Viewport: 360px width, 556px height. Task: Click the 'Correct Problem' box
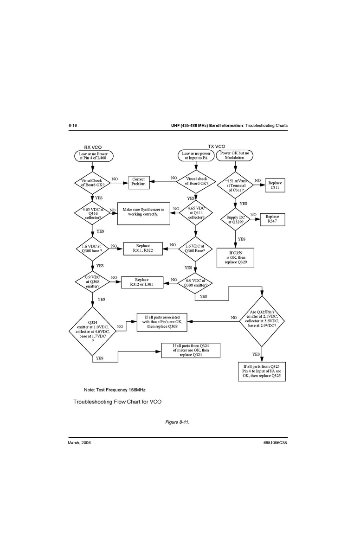(x=139, y=182)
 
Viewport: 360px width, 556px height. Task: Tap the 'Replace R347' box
(x=272, y=219)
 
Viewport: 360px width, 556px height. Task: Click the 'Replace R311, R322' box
(x=143, y=249)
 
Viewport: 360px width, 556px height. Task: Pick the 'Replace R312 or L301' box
(x=142, y=282)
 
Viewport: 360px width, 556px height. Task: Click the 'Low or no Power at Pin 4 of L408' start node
(x=93, y=155)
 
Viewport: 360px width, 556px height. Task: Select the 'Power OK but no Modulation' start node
(x=235, y=155)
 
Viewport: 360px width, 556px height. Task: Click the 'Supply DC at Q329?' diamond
(x=235, y=219)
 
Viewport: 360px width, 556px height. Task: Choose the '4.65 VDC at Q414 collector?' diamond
(x=196, y=212)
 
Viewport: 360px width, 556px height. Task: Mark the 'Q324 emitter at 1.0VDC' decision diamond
(x=93, y=331)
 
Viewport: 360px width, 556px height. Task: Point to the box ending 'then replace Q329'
(x=236, y=258)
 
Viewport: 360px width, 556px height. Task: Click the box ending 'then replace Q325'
(x=262, y=371)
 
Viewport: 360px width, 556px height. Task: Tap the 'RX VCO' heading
(x=93, y=147)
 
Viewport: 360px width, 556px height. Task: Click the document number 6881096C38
(x=275, y=443)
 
